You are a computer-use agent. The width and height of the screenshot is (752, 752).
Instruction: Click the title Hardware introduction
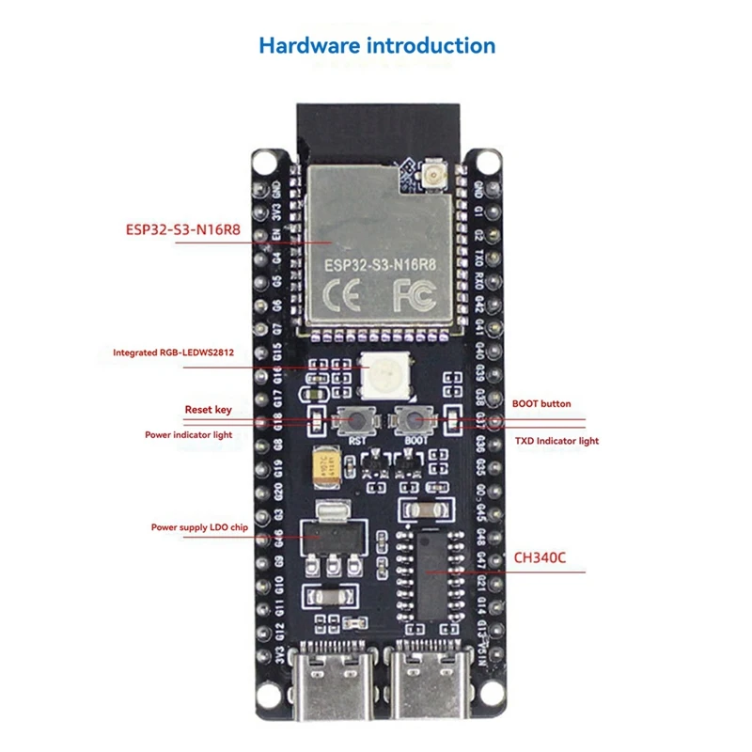click(x=376, y=45)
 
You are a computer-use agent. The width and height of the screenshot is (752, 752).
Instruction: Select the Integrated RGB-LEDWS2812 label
click(x=173, y=352)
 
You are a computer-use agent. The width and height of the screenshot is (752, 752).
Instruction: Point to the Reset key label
click(x=208, y=410)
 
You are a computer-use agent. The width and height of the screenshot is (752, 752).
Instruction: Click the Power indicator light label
click(x=188, y=435)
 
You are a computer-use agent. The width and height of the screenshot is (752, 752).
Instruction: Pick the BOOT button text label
click(x=540, y=403)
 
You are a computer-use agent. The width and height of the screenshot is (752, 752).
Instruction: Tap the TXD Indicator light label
click(x=556, y=440)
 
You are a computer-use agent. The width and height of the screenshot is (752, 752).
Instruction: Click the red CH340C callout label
click(x=540, y=557)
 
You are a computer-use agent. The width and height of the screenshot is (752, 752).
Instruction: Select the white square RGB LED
click(x=380, y=373)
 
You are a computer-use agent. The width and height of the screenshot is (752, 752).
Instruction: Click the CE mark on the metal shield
click(x=340, y=297)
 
